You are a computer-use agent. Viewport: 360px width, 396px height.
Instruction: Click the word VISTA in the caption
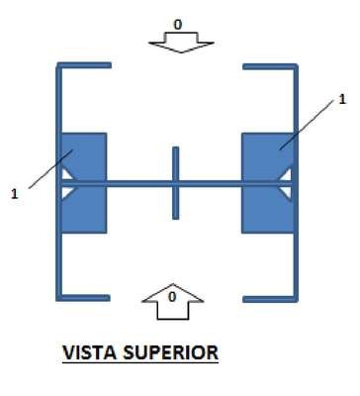point(90,352)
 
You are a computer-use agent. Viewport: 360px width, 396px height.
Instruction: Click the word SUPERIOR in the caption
point(171,352)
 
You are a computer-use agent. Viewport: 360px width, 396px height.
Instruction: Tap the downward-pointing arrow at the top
point(181,43)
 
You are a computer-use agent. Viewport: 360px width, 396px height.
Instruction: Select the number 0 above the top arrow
point(178,25)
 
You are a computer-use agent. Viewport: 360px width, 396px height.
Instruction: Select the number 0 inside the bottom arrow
point(172,297)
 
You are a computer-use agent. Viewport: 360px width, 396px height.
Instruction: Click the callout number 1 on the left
point(14,194)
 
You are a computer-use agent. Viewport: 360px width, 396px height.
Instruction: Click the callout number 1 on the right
point(342,99)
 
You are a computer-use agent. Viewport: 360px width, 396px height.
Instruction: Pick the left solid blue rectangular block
point(84,183)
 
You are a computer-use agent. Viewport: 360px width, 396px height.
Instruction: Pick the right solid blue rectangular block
point(267,183)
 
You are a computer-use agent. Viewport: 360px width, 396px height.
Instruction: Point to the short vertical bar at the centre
point(176,183)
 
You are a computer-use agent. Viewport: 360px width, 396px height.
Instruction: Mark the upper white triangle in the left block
point(67,174)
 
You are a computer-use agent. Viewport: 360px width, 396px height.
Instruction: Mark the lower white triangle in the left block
point(67,192)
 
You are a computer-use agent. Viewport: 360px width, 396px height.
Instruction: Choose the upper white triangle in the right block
point(286,175)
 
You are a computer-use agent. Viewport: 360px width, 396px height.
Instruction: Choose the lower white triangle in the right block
point(286,193)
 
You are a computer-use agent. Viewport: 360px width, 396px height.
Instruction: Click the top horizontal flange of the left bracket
point(84,65)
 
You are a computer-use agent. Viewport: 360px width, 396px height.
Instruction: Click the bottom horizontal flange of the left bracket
point(83,298)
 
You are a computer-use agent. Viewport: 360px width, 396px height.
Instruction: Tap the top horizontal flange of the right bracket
point(270,66)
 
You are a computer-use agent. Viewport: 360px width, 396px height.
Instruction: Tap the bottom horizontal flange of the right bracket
point(270,299)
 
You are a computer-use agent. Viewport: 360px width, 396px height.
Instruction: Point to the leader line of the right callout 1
point(308,125)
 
